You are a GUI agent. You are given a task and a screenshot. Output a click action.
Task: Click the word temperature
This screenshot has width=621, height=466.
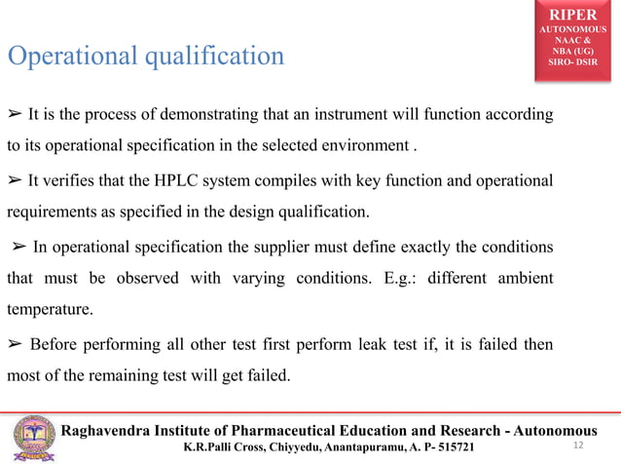49,312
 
